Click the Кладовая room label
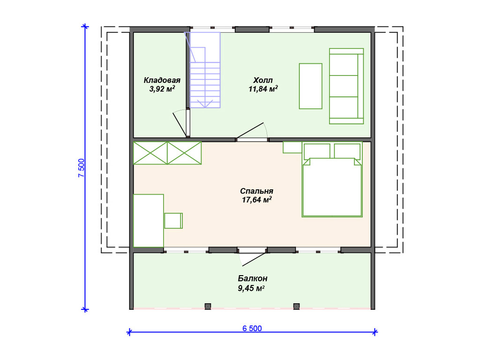click(162, 80)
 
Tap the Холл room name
click(262, 80)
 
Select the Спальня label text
click(256, 191)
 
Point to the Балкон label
click(253, 278)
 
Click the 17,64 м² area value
click(256, 200)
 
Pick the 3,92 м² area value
click(162, 89)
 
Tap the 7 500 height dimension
click(81, 168)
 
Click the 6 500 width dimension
click(252, 329)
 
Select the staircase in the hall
click(202, 70)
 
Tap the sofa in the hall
click(346, 86)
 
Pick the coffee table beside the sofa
click(310, 86)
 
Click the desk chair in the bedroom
click(173, 221)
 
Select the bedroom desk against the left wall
click(149, 221)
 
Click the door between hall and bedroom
click(252, 132)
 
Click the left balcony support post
click(208, 306)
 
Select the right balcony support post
click(296, 306)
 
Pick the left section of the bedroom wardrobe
click(150, 153)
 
